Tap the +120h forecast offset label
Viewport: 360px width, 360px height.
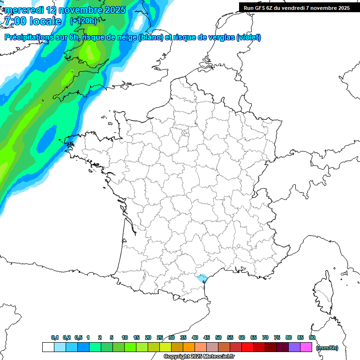[83, 21]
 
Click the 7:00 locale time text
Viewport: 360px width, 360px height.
[32, 21]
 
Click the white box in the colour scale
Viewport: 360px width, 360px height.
[48, 347]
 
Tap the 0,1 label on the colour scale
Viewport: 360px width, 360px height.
[55, 337]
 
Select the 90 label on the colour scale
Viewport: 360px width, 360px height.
[312, 337]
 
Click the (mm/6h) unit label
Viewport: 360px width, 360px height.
[327, 348]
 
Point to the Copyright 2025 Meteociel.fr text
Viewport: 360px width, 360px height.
[199, 357]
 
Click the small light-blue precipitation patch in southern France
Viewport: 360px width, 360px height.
[202, 278]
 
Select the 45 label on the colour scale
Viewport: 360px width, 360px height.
[207, 337]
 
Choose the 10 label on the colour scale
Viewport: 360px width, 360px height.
[125, 337]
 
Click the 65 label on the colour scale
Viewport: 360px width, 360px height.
[254, 337]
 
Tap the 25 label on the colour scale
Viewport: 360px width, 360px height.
[160, 337]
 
